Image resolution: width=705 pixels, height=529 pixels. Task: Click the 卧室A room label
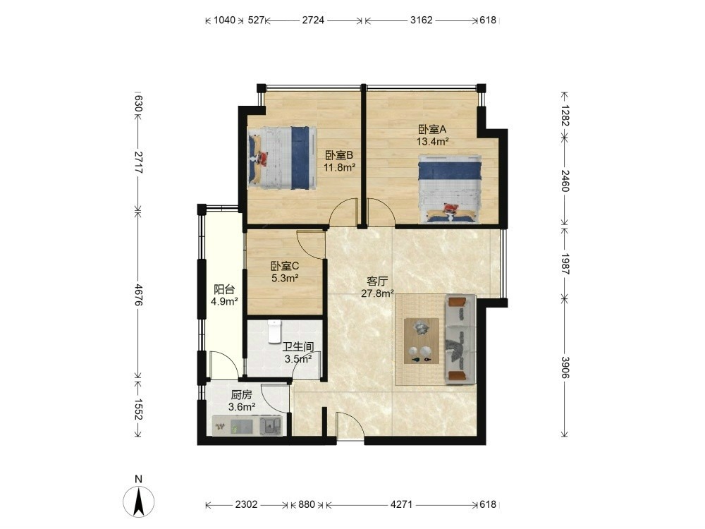point(432,130)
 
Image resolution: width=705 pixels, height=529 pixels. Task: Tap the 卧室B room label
point(340,156)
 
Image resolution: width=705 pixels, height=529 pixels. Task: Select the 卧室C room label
point(285,267)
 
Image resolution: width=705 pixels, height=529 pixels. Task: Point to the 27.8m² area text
point(377,294)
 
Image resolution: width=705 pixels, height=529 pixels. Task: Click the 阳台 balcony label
point(224,289)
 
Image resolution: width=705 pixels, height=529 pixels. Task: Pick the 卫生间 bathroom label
point(298,347)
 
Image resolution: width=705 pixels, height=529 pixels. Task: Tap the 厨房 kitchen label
point(241,395)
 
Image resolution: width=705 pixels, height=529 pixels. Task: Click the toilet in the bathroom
point(274,332)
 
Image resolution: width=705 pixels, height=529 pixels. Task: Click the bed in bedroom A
point(450,189)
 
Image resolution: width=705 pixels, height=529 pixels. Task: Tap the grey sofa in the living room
point(460,339)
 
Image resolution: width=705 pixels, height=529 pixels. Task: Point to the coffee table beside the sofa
point(422,341)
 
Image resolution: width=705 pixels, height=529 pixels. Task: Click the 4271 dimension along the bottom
point(402,505)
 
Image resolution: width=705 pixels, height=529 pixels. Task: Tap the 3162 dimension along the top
point(422,20)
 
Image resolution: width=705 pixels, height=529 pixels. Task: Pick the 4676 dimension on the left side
point(138,295)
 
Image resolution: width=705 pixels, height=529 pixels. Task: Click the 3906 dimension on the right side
point(565,368)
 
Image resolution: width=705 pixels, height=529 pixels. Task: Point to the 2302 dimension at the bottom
point(246,505)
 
